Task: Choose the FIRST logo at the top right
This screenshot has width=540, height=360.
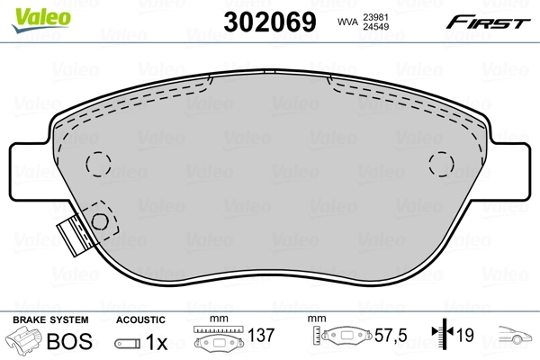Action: (489, 21)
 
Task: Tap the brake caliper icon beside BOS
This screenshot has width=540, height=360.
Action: (23, 341)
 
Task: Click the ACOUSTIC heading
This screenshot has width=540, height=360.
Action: (139, 319)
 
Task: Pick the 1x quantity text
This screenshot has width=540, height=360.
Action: (157, 341)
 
